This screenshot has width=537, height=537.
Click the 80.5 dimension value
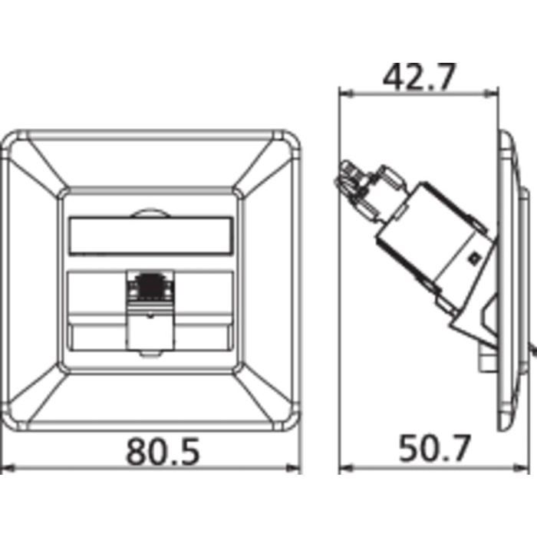(x=163, y=451)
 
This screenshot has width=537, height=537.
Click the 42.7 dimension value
(x=419, y=77)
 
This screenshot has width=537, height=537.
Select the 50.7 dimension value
(x=434, y=448)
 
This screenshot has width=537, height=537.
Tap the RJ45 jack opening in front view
(x=150, y=285)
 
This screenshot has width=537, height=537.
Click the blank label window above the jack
(x=150, y=236)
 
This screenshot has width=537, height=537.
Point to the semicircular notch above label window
(x=150, y=214)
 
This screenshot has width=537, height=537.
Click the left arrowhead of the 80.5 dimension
(x=8, y=468)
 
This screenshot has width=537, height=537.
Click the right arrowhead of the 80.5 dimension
(x=294, y=468)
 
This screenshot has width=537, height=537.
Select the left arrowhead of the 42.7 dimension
(x=346, y=93)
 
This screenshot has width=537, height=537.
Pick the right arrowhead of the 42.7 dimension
(x=491, y=93)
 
